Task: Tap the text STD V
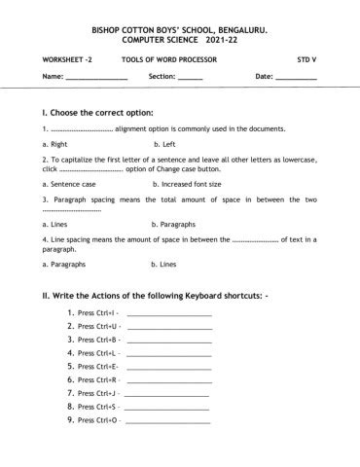(307, 59)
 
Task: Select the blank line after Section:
(191, 77)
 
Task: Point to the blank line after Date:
(297, 77)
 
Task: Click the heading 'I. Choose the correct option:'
(97, 112)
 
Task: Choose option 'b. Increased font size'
(187, 183)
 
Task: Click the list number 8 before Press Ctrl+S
(71, 406)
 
